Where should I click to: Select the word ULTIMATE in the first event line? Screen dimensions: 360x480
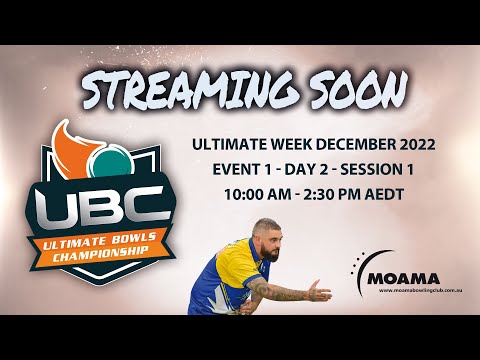(x=233, y=145)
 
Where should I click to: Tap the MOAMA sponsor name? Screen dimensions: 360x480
(x=400, y=279)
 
